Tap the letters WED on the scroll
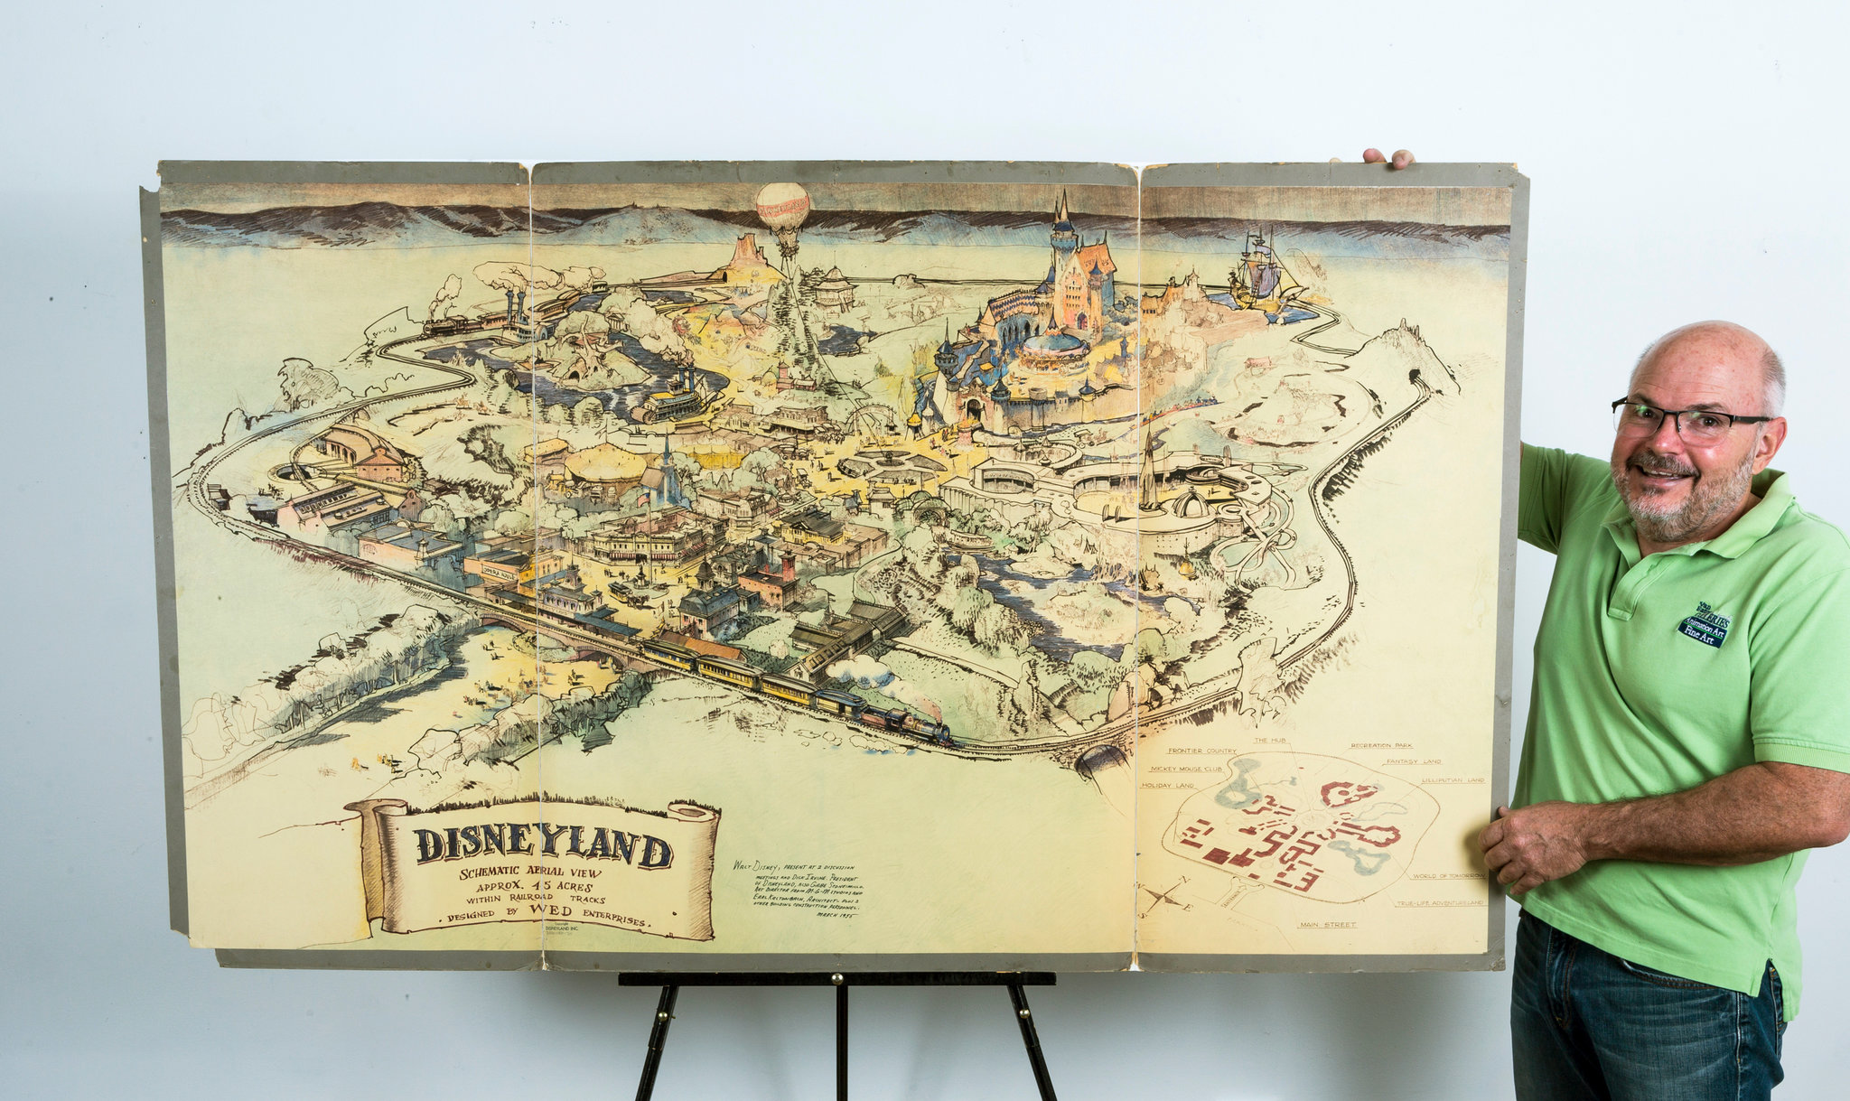pos(553,910)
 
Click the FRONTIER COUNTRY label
pos(1201,751)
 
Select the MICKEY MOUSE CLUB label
pos(1186,769)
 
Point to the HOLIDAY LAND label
pos(1167,786)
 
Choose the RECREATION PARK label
pos(1381,746)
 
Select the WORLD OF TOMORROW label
pos(1448,876)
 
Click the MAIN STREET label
pos(1327,925)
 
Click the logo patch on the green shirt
pos(1705,624)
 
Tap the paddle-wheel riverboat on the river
pos(673,397)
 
